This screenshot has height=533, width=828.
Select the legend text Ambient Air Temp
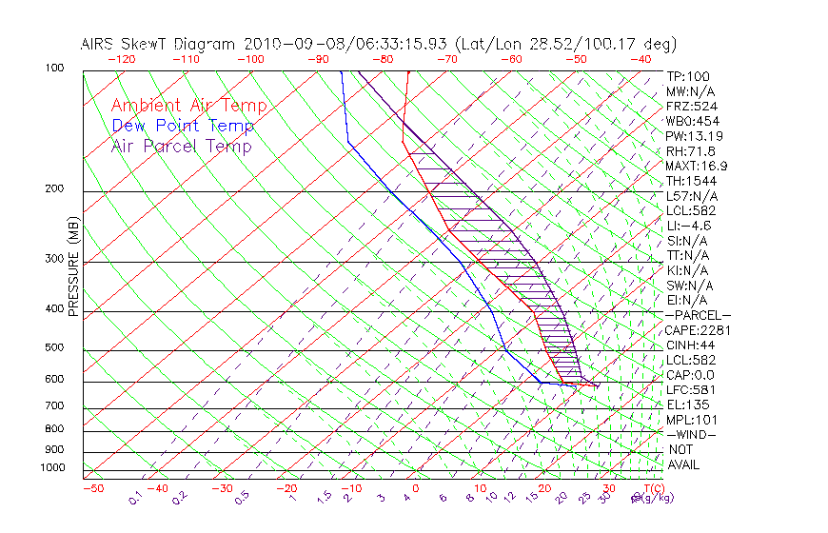(x=189, y=106)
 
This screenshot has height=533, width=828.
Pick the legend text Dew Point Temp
(x=183, y=126)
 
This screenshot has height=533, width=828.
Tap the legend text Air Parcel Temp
(x=182, y=146)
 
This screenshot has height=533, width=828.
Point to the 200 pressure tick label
(x=54, y=189)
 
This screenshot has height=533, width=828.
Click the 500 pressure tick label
(x=54, y=348)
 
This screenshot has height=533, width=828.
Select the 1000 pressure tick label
(x=52, y=467)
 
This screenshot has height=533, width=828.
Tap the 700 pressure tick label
(x=54, y=407)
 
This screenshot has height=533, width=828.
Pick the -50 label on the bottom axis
(x=92, y=488)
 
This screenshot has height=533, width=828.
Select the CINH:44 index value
(x=690, y=345)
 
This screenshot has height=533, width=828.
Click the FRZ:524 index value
(x=688, y=106)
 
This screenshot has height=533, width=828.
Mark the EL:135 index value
(x=685, y=405)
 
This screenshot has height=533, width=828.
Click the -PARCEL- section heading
(x=698, y=315)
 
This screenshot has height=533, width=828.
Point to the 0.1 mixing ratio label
(x=135, y=496)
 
